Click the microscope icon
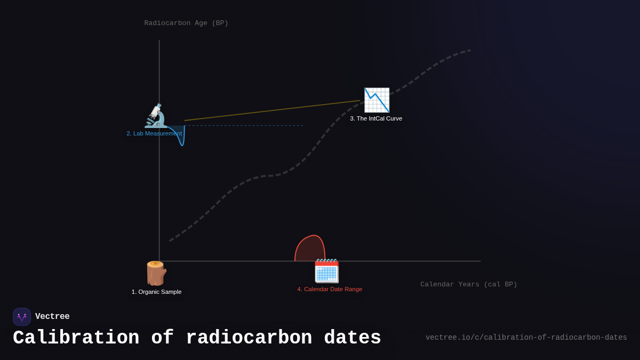(x=156, y=116)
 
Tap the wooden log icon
(x=156, y=274)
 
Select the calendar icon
(x=326, y=271)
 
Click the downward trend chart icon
(x=377, y=100)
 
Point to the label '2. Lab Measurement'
(x=154, y=133)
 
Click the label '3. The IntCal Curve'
(x=376, y=118)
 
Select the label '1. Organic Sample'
(x=156, y=292)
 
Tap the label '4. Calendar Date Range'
(x=330, y=289)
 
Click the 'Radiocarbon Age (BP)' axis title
(x=186, y=23)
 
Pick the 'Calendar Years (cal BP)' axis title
(x=468, y=284)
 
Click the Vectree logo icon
(x=22, y=317)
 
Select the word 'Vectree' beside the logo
(x=52, y=317)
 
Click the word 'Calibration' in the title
(x=76, y=338)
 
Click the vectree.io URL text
(x=526, y=338)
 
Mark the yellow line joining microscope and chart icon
(x=272, y=110)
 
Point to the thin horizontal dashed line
(x=245, y=126)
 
